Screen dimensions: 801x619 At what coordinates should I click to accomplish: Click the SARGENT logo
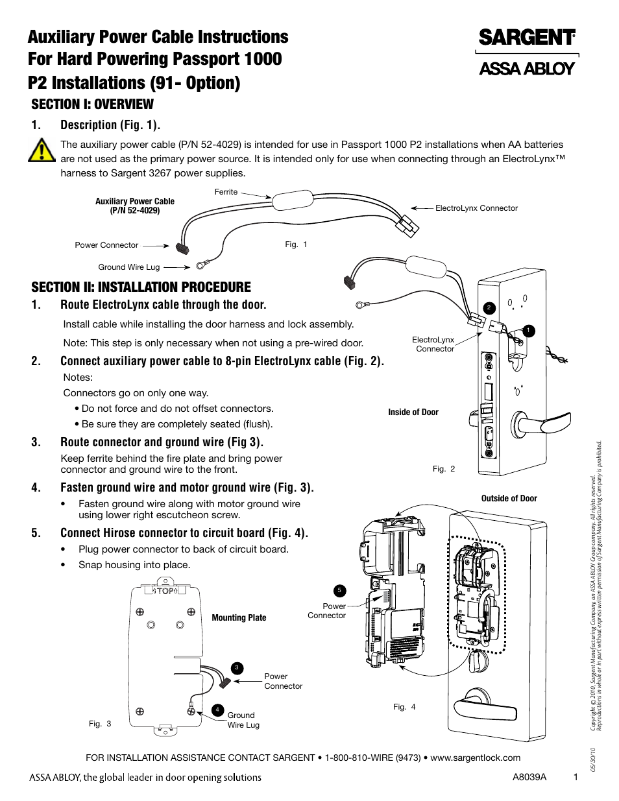coord(527,37)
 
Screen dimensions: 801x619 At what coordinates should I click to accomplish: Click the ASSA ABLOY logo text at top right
coord(527,68)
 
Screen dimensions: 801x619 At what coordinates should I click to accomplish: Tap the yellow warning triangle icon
coord(42,150)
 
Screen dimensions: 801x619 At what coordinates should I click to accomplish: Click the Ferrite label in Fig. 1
coord(226,192)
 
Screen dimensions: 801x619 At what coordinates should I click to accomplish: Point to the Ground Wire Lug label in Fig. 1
coord(128,267)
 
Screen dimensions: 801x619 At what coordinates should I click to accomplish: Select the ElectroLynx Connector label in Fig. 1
coord(476,208)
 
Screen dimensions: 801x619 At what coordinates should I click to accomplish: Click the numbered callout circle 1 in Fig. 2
coord(529,331)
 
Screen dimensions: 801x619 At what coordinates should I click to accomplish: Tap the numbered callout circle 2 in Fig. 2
coord(490,307)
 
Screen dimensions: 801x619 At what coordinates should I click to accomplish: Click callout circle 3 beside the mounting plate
coord(237,668)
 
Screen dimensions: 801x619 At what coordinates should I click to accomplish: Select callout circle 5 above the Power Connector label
coord(339,590)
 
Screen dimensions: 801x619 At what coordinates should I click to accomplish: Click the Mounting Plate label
coord(239,617)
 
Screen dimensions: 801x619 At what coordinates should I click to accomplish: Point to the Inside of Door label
coord(413,412)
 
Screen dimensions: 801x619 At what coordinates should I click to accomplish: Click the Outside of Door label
coord(509,498)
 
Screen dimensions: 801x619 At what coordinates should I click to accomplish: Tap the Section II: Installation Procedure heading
coord(141,287)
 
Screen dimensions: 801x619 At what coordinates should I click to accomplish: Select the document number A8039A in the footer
coord(529,777)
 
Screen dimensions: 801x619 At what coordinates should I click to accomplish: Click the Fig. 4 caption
coord(404,707)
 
